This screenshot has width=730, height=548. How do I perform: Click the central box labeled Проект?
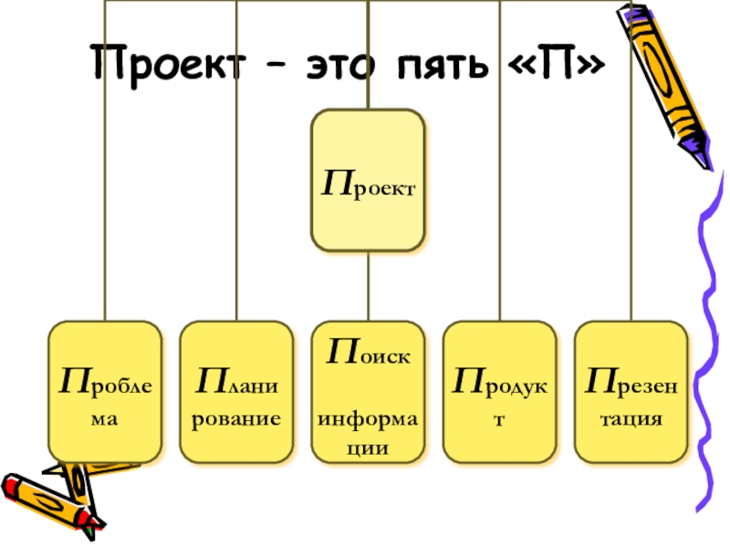click(368, 181)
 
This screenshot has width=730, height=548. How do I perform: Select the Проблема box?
click(105, 391)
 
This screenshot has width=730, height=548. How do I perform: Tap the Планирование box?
click(236, 391)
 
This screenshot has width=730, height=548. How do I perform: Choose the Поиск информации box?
click(368, 391)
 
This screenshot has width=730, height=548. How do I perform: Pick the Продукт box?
click(499, 391)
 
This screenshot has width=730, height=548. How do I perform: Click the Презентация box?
click(631, 391)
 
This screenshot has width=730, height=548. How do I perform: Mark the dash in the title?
click(282, 67)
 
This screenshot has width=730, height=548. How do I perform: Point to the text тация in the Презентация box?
click(631, 420)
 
